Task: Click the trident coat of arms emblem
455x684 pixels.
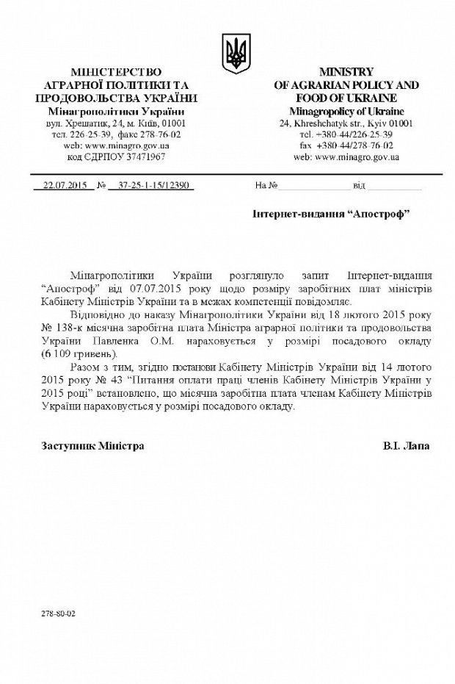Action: point(236,54)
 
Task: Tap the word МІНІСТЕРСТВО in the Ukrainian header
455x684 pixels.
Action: point(116,72)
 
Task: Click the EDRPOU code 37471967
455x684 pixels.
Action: point(137,156)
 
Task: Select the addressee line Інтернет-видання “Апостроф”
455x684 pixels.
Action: point(330,213)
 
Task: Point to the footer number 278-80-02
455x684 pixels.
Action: point(59,612)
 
